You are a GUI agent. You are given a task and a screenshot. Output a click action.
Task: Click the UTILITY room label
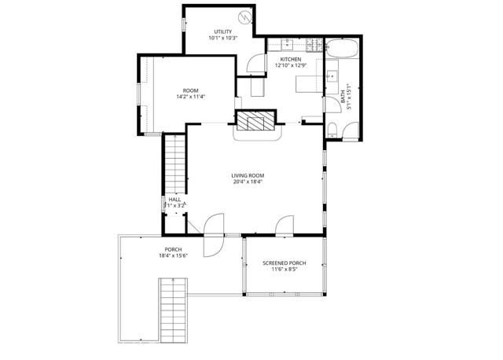pyautogui.click(x=223, y=31)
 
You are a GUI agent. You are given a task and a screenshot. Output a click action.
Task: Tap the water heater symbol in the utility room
pyautogui.click(x=245, y=17)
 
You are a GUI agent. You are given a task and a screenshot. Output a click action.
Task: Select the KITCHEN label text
pyautogui.click(x=290, y=59)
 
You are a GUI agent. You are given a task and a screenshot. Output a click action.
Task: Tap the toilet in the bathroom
pyautogui.click(x=334, y=129)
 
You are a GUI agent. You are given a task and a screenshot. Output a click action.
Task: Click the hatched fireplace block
pyautogui.click(x=258, y=120)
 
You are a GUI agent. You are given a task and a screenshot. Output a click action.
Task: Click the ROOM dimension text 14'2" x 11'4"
pyautogui.click(x=191, y=97)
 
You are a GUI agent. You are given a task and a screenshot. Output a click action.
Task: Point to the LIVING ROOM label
pyautogui.click(x=247, y=174)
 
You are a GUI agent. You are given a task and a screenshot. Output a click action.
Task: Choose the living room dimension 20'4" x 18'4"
pyautogui.click(x=247, y=182)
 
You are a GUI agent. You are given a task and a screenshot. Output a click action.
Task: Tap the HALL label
pyautogui.click(x=174, y=200)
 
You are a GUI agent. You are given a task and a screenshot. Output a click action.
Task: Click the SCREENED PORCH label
pyautogui.click(x=285, y=263)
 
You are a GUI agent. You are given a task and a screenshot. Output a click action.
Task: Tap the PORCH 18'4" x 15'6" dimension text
pyautogui.click(x=174, y=256)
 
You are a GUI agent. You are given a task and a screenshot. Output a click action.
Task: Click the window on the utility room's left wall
pyautogui.click(x=184, y=23)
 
